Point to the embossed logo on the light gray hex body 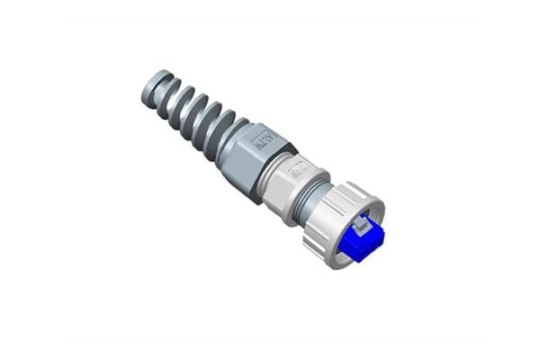coord(299,168)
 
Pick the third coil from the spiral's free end coord(192,109)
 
